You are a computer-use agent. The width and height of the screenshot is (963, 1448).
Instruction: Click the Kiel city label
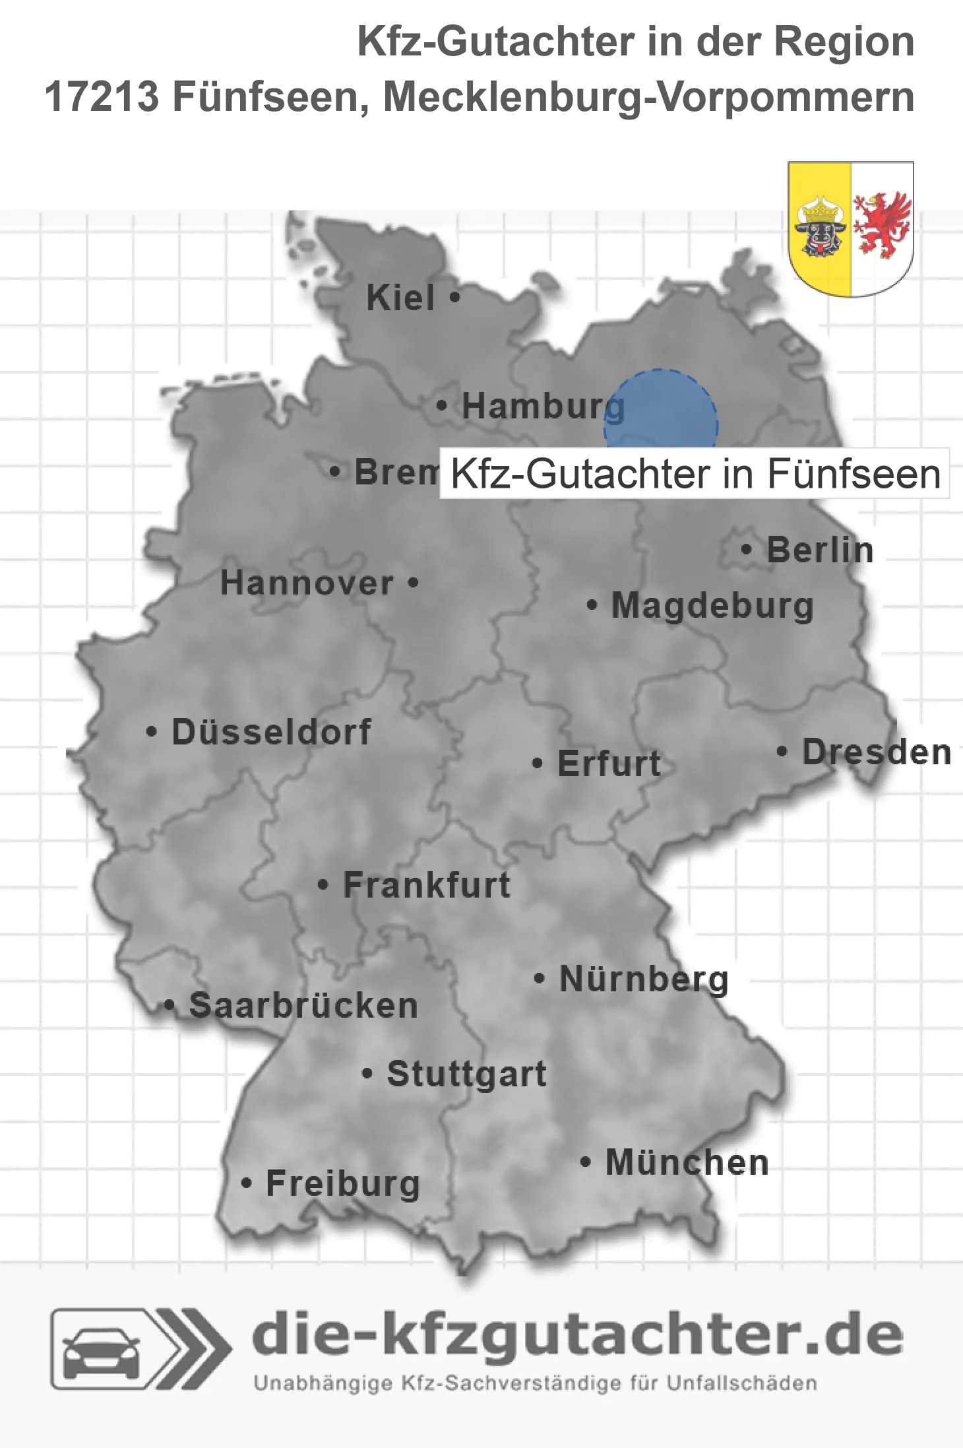[x=400, y=298]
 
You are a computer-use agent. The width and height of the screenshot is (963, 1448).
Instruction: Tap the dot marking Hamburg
[x=442, y=405]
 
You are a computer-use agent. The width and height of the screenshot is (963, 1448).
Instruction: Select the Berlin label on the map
[x=820, y=550]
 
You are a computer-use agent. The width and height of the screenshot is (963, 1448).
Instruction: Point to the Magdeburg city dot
[x=592, y=605]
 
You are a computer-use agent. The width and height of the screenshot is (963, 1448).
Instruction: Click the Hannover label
[x=307, y=583]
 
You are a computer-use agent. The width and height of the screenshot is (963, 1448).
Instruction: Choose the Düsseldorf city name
[x=271, y=732]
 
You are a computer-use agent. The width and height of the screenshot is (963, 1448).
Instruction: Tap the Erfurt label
[x=609, y=764]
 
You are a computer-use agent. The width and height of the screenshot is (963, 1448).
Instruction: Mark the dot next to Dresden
[x=782, y=751]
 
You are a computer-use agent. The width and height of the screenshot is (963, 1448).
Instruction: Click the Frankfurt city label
[x=427, y=885]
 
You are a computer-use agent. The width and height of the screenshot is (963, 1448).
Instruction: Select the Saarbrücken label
[x=303, y=1006]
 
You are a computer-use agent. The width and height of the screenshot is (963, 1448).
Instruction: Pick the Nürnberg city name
[x=644, y=979]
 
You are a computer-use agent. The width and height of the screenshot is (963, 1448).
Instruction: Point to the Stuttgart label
[x=466, y=1074]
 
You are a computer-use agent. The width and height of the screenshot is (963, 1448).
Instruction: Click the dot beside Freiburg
[x=246, y=1183]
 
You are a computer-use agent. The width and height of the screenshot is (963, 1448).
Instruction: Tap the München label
[x=687, y=1162]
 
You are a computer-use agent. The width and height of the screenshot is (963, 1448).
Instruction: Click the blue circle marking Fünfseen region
[x=660, y=409]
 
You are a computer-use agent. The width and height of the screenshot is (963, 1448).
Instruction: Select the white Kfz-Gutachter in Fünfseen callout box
[x=695, y=474]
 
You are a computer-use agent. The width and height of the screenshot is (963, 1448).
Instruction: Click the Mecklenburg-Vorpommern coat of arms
[x=850, y=228]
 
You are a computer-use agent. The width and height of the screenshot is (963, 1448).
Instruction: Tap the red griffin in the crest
[x=881, y=225]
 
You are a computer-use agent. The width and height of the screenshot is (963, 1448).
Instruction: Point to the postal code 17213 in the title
[x=102, y=97]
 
